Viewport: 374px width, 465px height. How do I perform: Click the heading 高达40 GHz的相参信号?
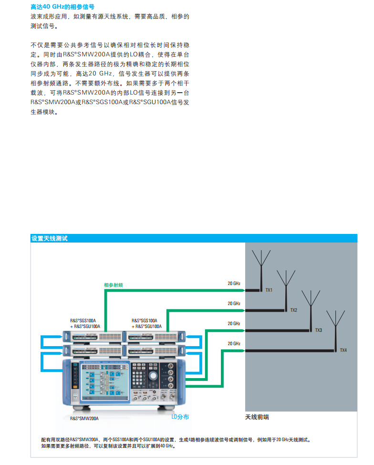pos(62,7)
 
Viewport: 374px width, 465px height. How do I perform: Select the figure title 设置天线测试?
pos(49,238)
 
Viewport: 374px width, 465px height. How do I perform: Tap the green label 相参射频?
pos(114,285)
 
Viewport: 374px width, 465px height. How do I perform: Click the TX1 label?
pos(269,290)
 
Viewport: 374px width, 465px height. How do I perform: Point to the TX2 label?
pos(293,310)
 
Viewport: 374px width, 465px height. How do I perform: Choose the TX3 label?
pos(318,330)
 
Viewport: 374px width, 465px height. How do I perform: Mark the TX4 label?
pos(343,350)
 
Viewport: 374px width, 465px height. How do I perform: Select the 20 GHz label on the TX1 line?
pos(234,284)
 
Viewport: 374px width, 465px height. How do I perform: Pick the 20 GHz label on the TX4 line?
pos(234,344)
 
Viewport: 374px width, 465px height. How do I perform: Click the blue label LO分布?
pos(180,417)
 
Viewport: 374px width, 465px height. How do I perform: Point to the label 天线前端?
pos(257,417)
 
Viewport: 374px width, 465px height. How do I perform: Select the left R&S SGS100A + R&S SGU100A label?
pos(83,324)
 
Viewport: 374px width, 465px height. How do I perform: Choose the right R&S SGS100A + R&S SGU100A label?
pos(146,324)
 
